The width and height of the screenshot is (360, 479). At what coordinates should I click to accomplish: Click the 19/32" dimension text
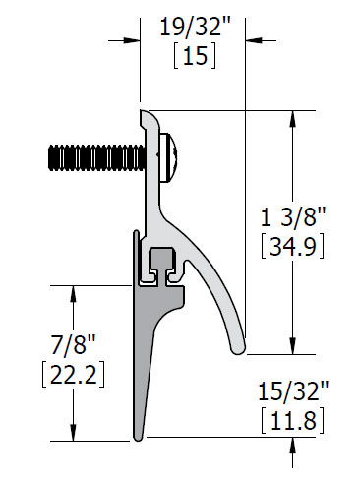(196, 27)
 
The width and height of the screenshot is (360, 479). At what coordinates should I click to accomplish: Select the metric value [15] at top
(195, 55)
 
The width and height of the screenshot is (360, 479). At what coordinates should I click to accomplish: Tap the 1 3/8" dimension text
(293, 216)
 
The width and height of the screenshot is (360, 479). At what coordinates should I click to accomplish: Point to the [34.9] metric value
(293, 245)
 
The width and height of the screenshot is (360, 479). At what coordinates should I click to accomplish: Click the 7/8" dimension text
(73, 344)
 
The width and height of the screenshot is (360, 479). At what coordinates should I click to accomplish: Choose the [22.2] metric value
(74, 374)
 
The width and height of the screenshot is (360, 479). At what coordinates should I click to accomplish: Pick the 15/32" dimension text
(293, 390)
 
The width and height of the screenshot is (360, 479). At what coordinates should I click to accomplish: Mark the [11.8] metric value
(293, 420)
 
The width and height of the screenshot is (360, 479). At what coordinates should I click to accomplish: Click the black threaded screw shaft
(96, 157)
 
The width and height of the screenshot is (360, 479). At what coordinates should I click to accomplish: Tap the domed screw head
(168, 157)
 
